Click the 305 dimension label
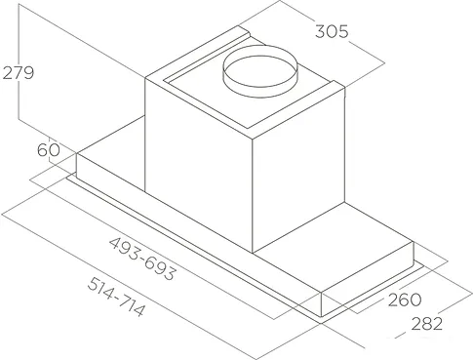tap(332, 31)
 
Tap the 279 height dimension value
tap(19, 72)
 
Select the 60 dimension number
tap(49, 150)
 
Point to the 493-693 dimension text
tap(142, 259)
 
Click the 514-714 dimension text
tap(116, 297)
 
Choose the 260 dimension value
tap(405, 300)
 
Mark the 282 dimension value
tap(427, 324)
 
